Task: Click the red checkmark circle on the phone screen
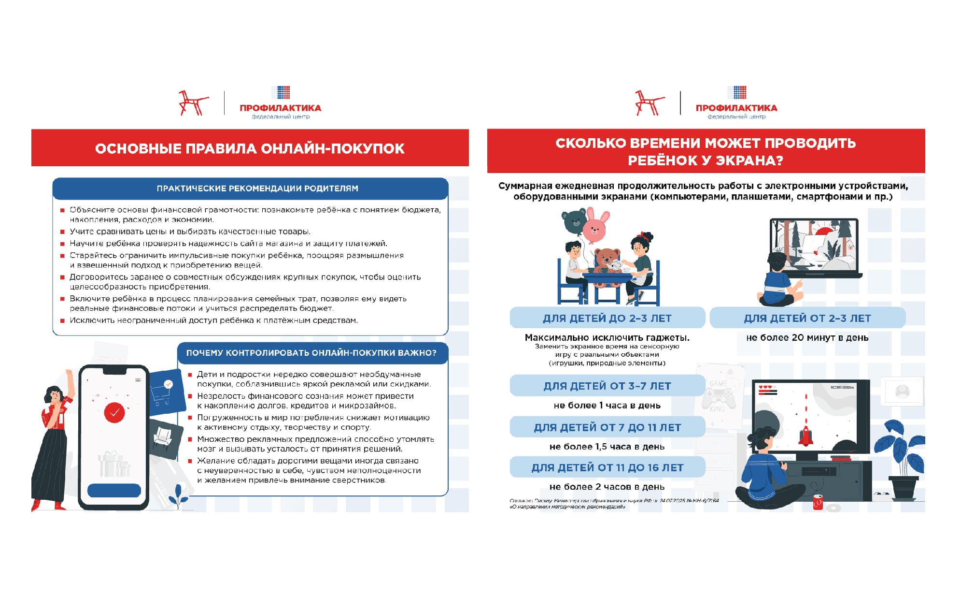[x=114, y=413]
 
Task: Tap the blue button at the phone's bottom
[x=114, y=491]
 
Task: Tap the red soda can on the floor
[x=818, y=502]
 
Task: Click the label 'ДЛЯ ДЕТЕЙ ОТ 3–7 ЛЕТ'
[x=607, y=386]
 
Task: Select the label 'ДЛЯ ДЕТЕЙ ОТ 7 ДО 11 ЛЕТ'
[x=607, y=428]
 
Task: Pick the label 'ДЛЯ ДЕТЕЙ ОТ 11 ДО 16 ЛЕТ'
[x=607, y=468]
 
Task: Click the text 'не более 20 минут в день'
[x=807, y=338]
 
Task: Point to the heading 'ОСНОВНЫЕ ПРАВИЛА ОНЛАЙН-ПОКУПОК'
[x=250, y=148]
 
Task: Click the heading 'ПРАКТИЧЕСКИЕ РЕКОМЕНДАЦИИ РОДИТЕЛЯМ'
[x=257, y=189]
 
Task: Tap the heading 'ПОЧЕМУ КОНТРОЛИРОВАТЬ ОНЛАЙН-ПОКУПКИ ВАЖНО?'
[x=311, y=353]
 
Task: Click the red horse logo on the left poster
[x=193, y=103]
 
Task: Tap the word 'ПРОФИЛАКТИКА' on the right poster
[x=736, y=108]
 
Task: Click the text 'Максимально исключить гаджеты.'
[x=607, y=338]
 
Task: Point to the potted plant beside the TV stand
[x=902, y=459]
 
